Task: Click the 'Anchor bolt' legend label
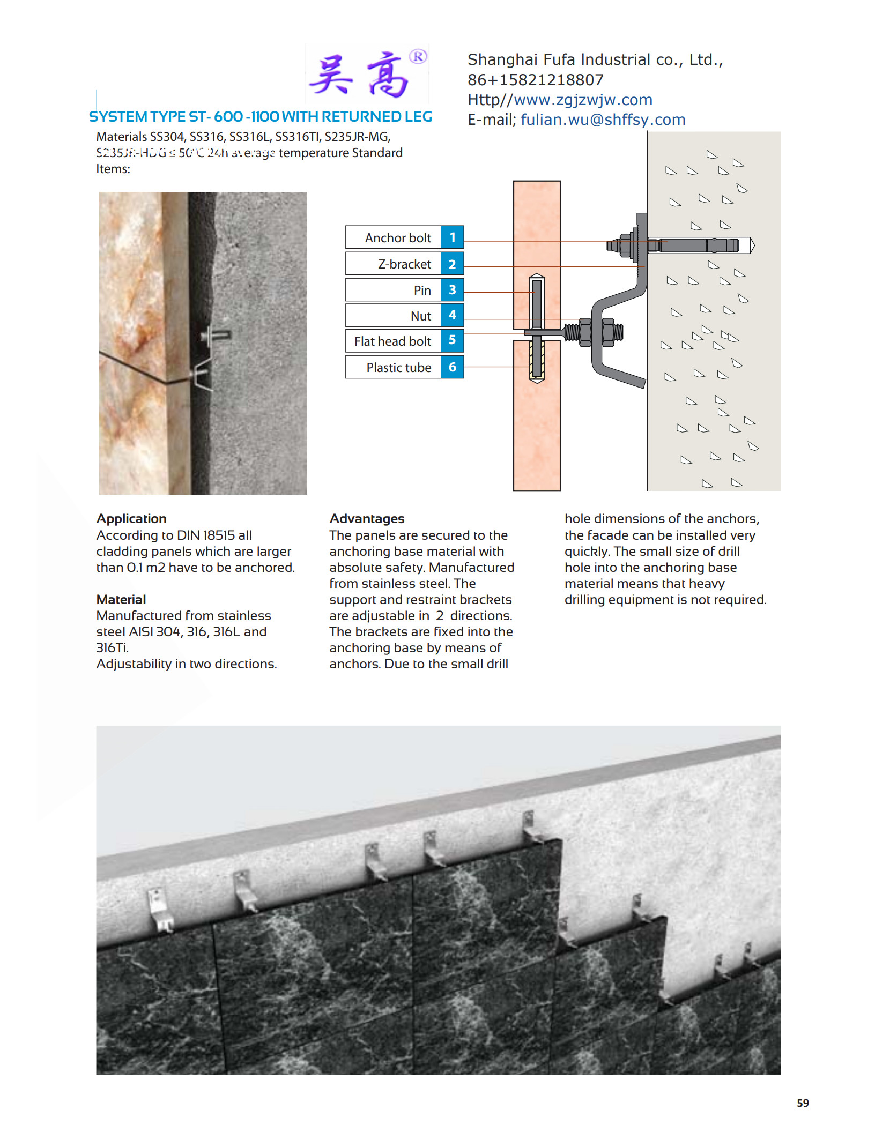pos(398,237)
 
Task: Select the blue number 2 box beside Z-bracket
pos(452,264)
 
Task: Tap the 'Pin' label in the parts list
pos(422,290)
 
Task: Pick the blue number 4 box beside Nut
pos(452,315)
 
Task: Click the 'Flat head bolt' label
pos(392,341)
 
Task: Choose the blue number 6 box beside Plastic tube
pos(452,367)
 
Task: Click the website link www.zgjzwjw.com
pos(583,100)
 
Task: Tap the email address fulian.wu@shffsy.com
pos(603,120)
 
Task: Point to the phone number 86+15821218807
pos(535,80)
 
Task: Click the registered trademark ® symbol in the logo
pos(418,56)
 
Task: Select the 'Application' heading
pos(131,518)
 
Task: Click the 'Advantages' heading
pos(367,518)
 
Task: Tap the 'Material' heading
pos(121,599)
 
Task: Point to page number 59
pos(802,1103)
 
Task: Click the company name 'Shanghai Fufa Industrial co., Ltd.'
pos(595,59)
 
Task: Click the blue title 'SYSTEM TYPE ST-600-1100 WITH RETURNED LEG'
pos(261,117)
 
